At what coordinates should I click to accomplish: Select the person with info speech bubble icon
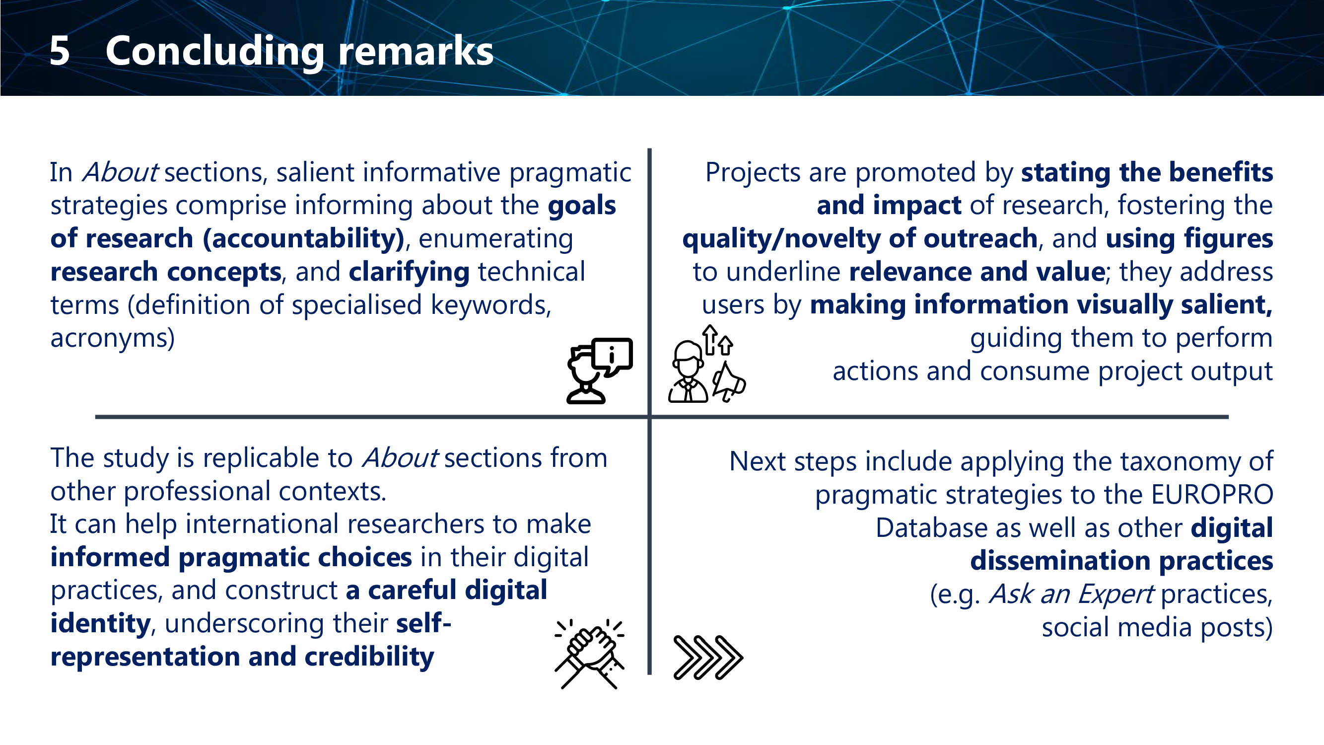599,371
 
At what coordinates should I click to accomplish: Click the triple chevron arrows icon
708,658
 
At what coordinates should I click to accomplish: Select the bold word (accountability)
304,239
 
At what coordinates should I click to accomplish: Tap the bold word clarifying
409,273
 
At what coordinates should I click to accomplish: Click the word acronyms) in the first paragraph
113,338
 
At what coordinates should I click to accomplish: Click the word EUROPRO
1212,495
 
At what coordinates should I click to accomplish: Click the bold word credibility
369,657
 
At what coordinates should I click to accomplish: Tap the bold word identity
100,624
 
